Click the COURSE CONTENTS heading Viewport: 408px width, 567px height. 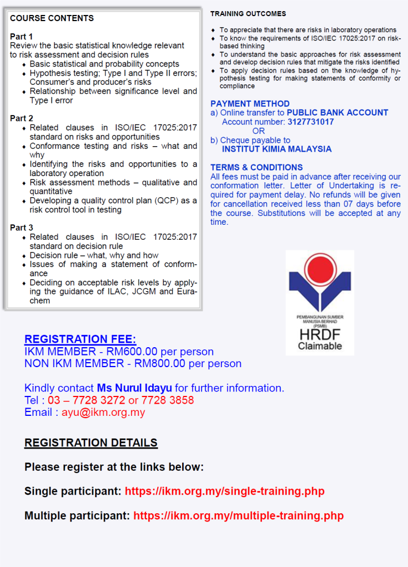[x=52, y=18]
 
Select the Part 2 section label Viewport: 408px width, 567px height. [x=22, y=118]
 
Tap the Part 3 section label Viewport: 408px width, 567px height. [x=22, y=228]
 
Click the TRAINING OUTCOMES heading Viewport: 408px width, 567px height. [x=248, y=13]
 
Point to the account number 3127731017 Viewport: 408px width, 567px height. [x=311, y=122]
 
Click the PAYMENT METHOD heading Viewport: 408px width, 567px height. [x=250, y=104]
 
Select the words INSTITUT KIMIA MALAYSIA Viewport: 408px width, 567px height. [x=277, y=149]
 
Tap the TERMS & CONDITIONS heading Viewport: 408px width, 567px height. [x=256, y=167]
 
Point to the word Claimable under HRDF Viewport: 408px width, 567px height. [x=320, y=346]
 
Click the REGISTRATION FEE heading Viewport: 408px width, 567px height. [x=80, y=339]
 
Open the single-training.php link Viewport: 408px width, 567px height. [x=224, y=491]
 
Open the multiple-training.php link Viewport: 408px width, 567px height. [x=239, y=516]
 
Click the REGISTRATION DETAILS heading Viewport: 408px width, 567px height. [x=91, y=442]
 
